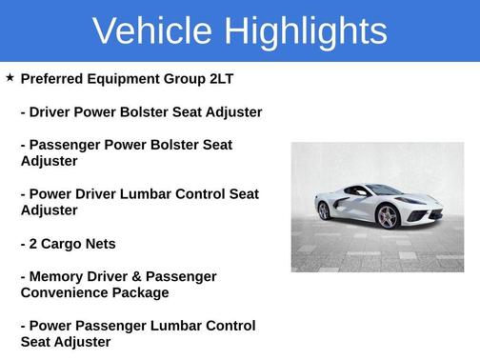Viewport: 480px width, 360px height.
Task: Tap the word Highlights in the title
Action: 308,31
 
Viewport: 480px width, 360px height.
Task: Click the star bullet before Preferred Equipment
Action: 10,76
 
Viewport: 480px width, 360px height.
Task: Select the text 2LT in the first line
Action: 250,78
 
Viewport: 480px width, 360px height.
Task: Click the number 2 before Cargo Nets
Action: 34,243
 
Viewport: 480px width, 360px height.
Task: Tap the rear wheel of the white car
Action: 324,210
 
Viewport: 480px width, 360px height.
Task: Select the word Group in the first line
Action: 204,78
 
